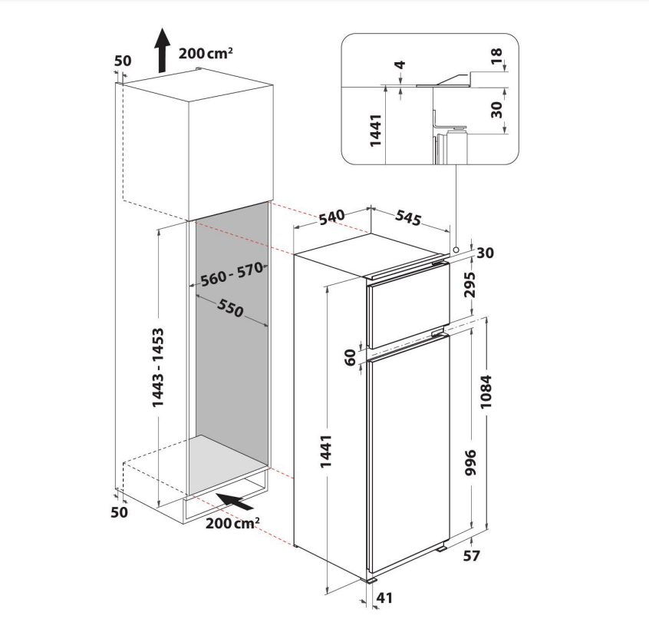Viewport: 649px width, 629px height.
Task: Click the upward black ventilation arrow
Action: pyautogui.click(x=163, y=51)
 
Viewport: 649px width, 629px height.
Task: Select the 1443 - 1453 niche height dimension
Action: pyautogui.click(x=158, y=367)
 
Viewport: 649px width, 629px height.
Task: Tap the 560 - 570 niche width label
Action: pyautogui.click(x=232, y=274)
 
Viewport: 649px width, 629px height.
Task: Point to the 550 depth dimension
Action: pyautogui.click(x=230, y=308)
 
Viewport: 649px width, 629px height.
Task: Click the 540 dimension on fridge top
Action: pyautogui.click(x=332, y=217)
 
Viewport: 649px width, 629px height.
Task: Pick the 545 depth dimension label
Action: pyautogui.click(x=409, y=217)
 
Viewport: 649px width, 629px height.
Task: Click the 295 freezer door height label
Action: pyautogui.click(x=469, y=285)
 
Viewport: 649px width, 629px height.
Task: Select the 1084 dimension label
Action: pyautogui.click(x=486, y=392)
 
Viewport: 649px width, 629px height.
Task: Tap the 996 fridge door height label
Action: pyautogui.click(x=470, y=462)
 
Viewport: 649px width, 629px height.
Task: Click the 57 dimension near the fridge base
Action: pyautogui.click(x=471, y=556)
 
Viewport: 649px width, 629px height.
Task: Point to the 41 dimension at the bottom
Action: pyautogui.click(x=384, y=598)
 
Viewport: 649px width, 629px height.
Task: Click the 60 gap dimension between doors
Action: pyautogui.click(x=350, y=358)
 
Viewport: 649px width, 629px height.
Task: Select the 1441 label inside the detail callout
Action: pyautogui.click(x=375, y=131)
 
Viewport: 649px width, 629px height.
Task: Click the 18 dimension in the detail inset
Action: pyautogui.click(x=496, y=56)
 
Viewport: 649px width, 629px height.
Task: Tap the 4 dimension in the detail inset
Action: pyautogui.click(x=400, y=65)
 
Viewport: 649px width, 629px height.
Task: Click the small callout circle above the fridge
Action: pyautogui.click(x=456, y=250)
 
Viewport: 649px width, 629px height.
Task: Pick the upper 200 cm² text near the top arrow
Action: pyautogui.click(x=206, y=53)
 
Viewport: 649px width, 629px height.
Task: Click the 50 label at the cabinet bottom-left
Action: pyautogui.click(x=119, y=512)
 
